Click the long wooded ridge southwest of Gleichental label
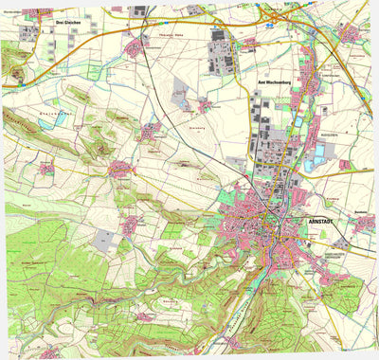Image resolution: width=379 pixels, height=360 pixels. (x=38, y=142)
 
